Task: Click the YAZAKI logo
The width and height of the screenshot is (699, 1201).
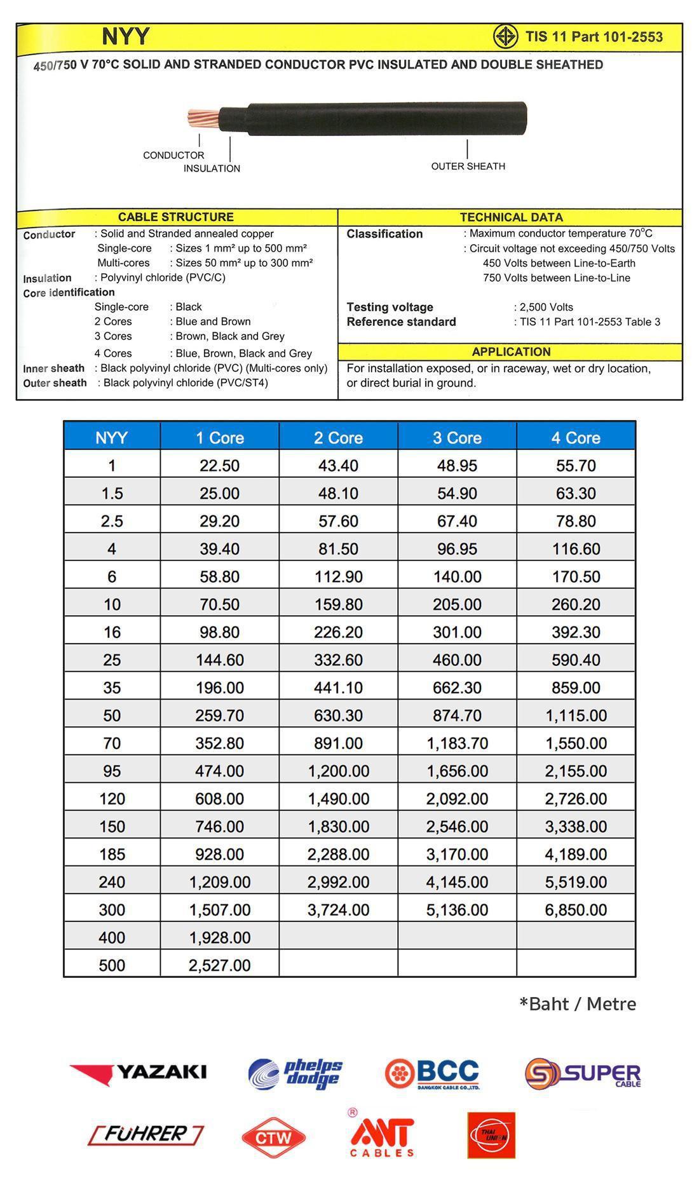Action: click(138, 1073)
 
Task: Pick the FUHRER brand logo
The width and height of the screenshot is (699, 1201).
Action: click(146, 1134)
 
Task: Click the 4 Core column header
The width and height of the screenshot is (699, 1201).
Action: click(576, 438)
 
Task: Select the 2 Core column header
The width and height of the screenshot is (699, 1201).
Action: click(338, 438)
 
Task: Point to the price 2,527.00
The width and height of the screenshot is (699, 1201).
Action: click(219, 965)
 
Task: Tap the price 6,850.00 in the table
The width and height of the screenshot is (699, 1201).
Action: click(576, 909)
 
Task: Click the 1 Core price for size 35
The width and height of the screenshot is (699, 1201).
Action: click(219, 688)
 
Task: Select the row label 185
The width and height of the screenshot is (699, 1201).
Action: click(112, 854)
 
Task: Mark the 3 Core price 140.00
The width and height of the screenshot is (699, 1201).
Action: click(457, 576)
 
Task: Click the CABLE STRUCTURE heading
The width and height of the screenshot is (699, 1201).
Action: click(176, 217)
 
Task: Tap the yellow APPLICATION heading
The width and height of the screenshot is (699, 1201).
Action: click(511, 352)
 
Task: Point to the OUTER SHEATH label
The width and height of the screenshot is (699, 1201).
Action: click(468, 166)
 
